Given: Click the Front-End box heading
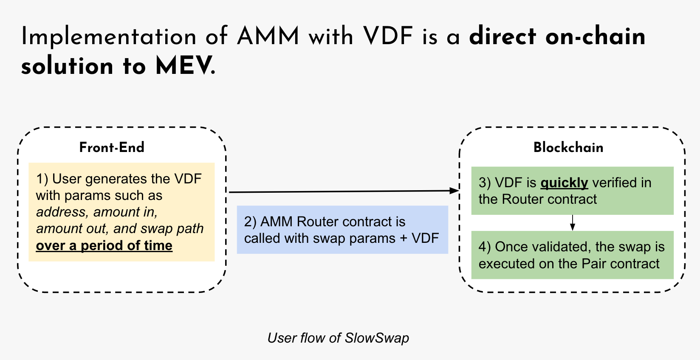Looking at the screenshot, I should pos(112,147).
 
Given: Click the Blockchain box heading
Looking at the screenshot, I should pos(568,147).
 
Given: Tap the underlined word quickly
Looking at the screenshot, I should pos(564,183).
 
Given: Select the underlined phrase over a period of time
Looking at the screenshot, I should pos(104,245).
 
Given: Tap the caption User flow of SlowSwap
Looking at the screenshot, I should pos(338,338).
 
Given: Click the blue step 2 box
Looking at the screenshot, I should pos(342,230).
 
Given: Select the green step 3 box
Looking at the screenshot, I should pos(572,191).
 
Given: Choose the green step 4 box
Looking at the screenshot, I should pos(572,255).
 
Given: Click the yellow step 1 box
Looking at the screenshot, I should pos(121,212).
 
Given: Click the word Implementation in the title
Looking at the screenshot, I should pos(109,36).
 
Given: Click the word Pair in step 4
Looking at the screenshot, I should pos(594,264).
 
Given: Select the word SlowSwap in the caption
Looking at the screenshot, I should pos(377,338).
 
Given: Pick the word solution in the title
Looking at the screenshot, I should pos(67,66).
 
